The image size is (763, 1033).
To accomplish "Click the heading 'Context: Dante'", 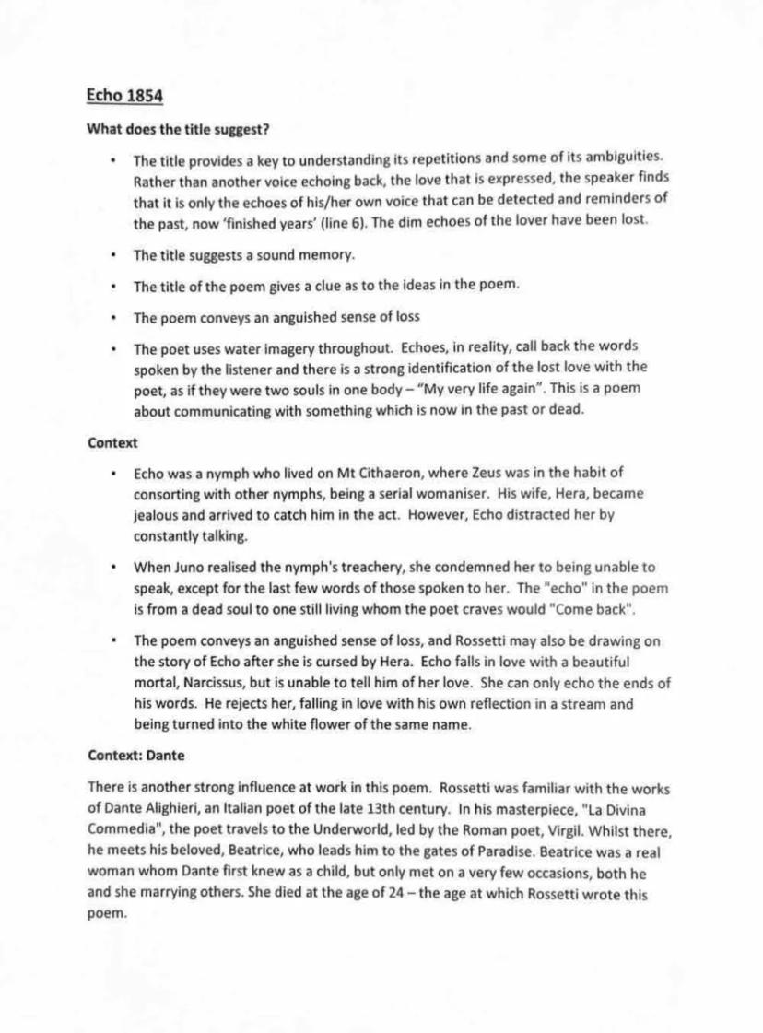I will [x=136, y=756].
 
